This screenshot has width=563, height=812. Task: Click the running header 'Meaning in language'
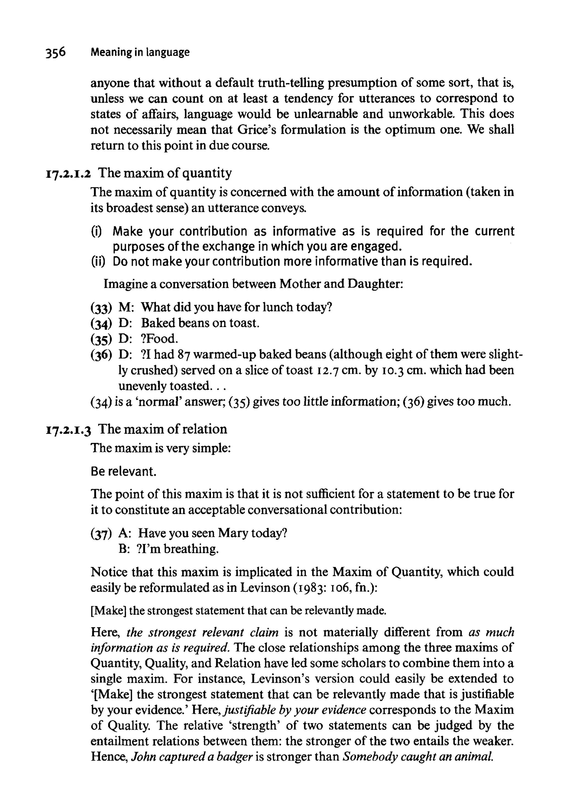click(140, 52)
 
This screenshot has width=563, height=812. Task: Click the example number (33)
click(101, 308)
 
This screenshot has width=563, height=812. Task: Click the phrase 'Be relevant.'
click(123, 472)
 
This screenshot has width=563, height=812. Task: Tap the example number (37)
click(101, 534)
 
